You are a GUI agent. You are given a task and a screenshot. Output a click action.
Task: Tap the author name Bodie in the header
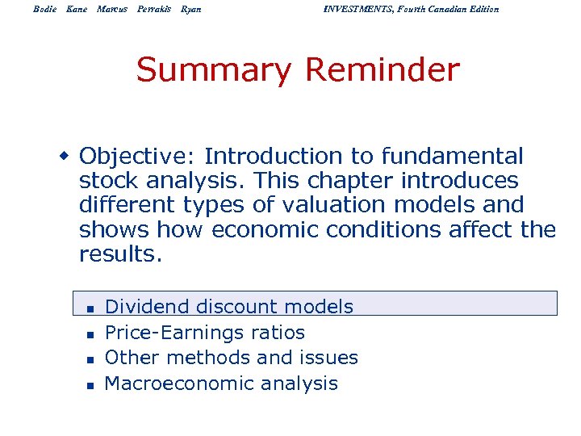[46, 9]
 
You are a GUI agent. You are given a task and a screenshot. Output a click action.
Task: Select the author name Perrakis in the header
[153, 9]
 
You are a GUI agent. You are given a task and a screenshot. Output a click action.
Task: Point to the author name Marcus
[112, 9]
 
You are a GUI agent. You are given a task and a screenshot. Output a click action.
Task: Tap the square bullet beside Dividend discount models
[91, 308]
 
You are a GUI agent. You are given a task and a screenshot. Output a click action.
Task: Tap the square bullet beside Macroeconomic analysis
[91, 385]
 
